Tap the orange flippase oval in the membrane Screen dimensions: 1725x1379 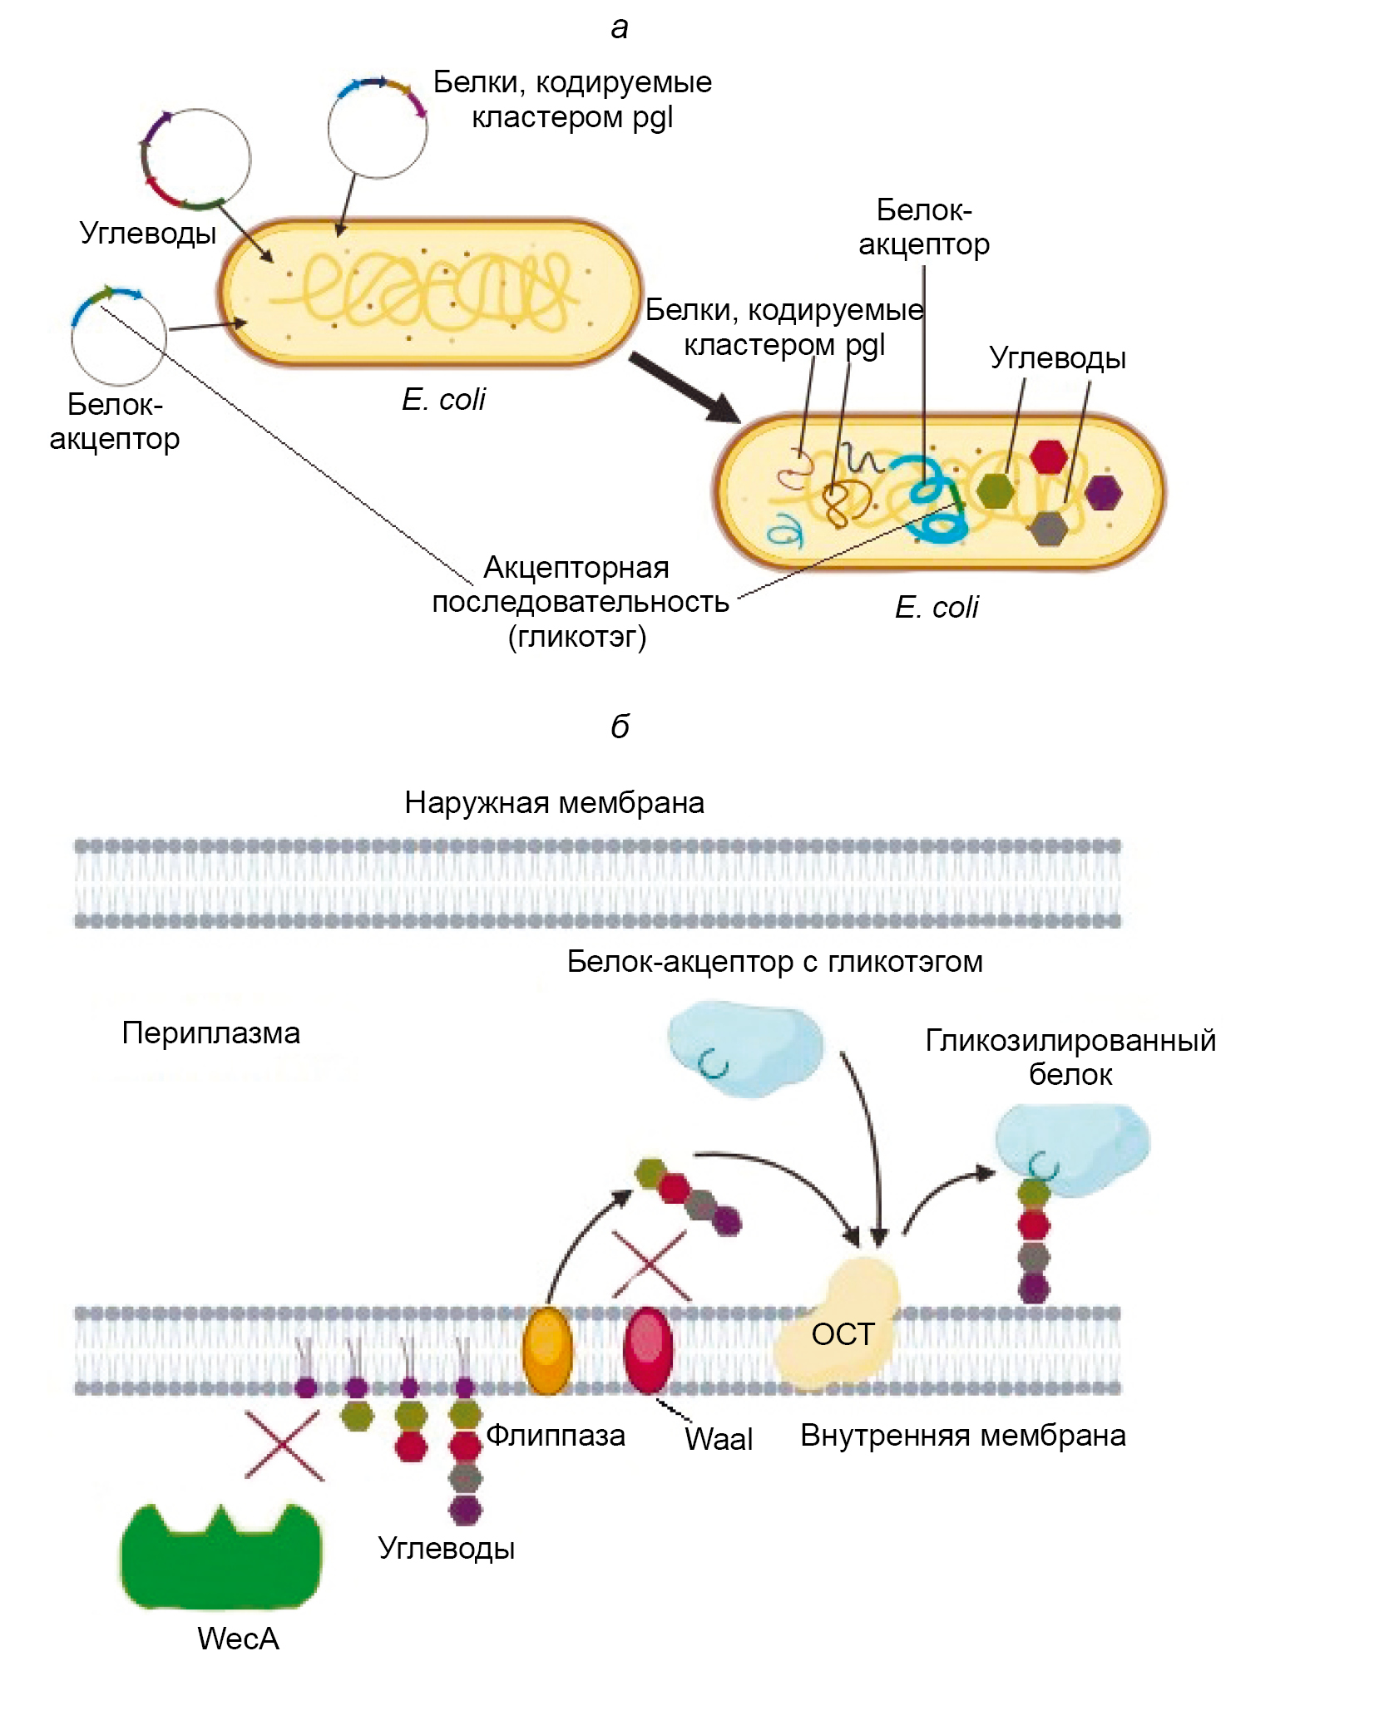pos(547,1351)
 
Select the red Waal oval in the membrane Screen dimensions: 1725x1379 pos(648,1350)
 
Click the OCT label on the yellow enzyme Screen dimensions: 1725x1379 pos(843,1334)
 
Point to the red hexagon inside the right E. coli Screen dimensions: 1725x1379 pos(1048,456)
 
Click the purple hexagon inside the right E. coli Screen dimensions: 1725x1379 pos(1103,492)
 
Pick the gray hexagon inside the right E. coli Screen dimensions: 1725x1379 pos(1048,528)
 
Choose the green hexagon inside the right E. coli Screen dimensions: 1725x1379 pos(995,490)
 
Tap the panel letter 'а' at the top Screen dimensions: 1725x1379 pos(620,27)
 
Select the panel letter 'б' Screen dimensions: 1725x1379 pos(620,727)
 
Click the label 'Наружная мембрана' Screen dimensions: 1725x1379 pos(554,802)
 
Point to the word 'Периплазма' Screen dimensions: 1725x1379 pos(210,1033)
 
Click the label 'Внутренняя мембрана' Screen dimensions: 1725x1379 pos(962,1435)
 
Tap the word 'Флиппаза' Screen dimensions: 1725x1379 pos(555,1435)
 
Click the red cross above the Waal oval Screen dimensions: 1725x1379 pos(650,1265)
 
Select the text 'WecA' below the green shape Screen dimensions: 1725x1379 pos(238,1639)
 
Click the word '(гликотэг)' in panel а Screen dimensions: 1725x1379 pos(576,637)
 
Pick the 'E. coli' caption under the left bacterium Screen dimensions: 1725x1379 pos(443,400)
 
